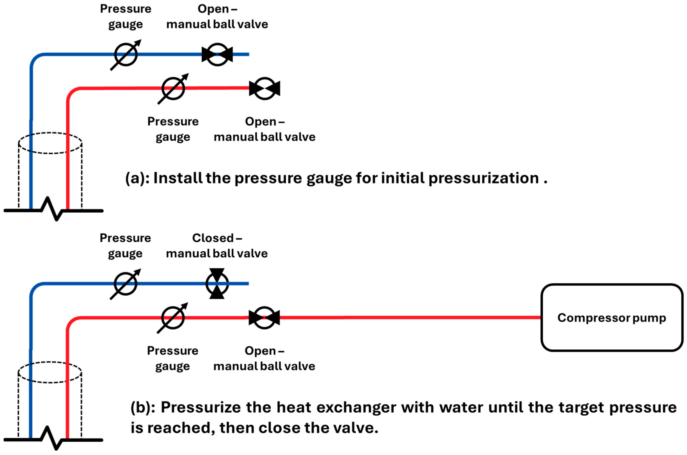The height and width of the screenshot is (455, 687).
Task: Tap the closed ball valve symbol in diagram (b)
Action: (x=217, y=284)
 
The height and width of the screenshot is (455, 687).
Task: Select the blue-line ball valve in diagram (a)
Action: (x=217, y=54)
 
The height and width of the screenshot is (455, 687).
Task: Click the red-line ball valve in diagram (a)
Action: (x=264, y=88)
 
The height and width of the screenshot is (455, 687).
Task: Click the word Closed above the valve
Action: (x=213, y=238)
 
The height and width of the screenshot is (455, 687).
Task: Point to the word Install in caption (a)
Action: (x=178, y=178)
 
